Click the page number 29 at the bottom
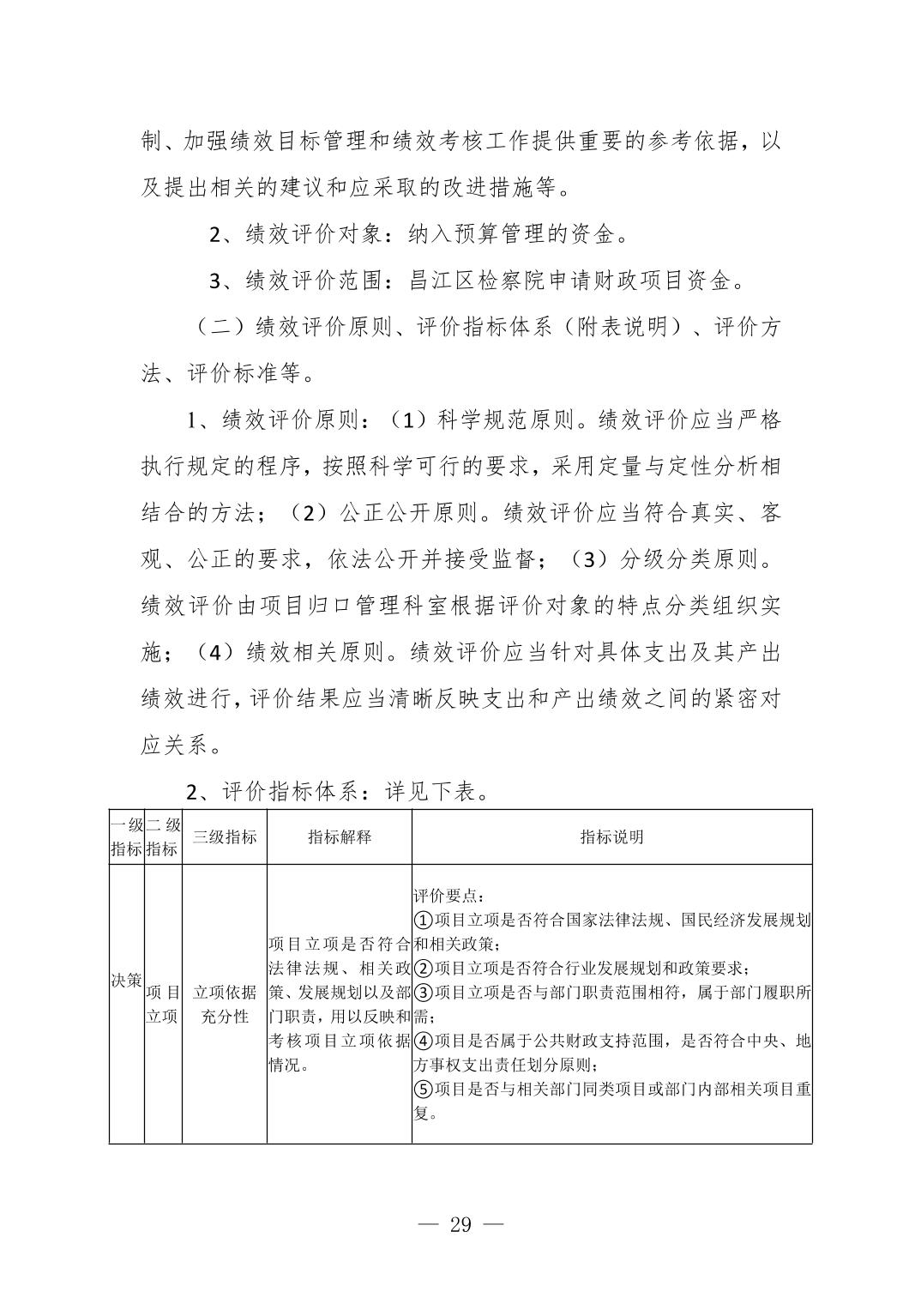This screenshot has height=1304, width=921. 460,1224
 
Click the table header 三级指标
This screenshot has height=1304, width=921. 224,836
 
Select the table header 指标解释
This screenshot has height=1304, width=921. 340,836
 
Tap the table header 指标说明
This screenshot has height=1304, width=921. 611,836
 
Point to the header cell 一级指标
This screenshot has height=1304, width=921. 127,836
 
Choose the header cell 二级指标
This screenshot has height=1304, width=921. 163,836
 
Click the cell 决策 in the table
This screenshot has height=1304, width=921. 127,979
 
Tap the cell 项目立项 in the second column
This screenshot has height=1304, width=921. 163,1004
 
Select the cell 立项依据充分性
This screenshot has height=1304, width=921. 224,1004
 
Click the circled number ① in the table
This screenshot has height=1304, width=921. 424,921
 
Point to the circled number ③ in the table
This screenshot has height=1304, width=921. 424,993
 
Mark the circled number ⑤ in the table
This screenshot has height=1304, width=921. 424,1089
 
